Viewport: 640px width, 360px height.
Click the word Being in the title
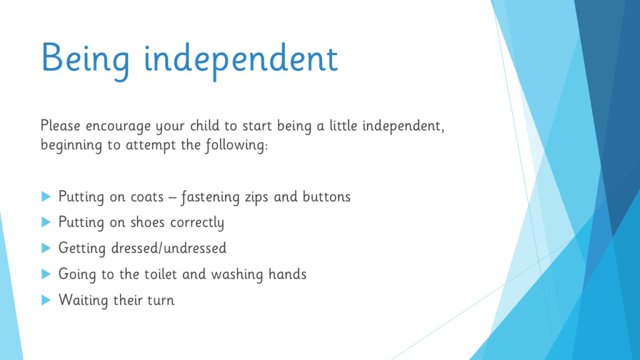(x=85, y=60)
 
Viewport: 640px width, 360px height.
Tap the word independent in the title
(x=241, y=59)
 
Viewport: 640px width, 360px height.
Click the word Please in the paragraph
(x=61, y=125)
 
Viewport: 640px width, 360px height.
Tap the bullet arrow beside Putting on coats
(x=46, y=197)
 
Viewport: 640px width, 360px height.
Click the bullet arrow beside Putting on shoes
(x=46, y=222)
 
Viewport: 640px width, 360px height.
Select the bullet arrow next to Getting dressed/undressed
(x=46, y=248)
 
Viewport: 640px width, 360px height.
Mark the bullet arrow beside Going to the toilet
(x=46, y=274)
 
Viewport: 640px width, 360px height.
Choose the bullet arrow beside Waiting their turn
(x=46, y=301)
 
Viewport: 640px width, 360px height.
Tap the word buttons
(x=326, y=197)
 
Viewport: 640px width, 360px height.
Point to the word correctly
(x=197, y=223)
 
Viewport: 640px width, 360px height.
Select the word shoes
(x=147, y=222)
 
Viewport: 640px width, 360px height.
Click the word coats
(x=147, y=197)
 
